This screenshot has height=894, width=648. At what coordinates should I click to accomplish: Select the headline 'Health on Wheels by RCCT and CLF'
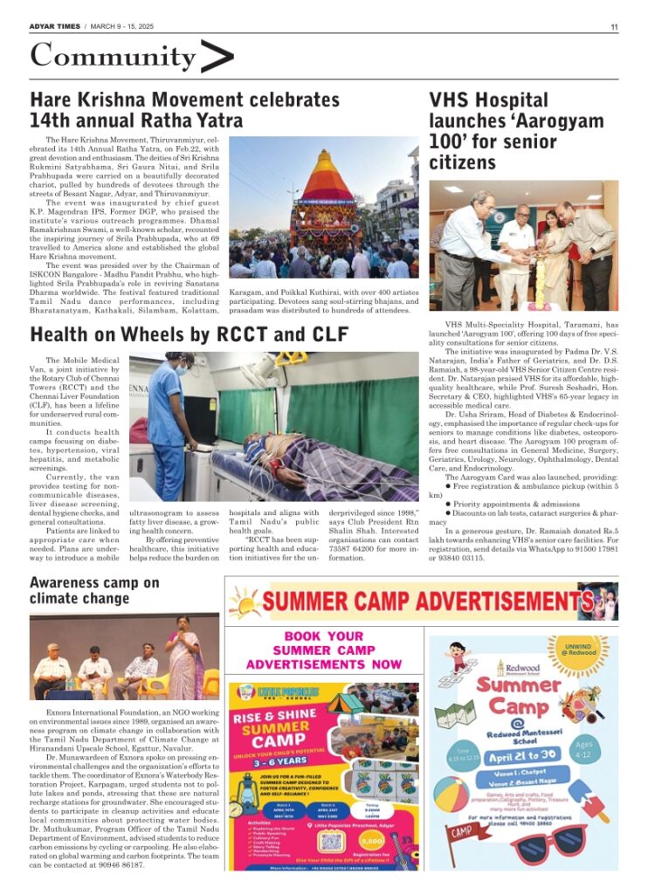click(x=190, y=334)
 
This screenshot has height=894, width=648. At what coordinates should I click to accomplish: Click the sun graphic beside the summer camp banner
click(x=245, y=602)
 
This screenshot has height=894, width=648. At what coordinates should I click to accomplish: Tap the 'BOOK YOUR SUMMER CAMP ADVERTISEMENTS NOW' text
click(x=324, y=650)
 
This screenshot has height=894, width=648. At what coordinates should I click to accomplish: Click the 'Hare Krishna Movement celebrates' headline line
click(x=184, y=100)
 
